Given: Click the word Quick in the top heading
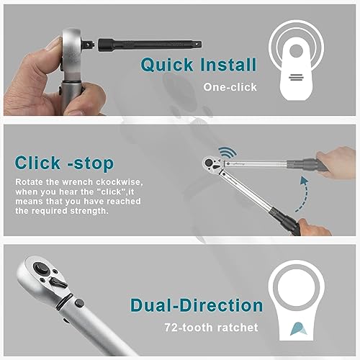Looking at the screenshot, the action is pyautogui.click(x=167, y=65).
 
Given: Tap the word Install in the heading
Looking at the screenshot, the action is pyautogui.click(x=228, y=64).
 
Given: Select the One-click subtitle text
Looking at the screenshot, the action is pyautogui.click(x=230, y=87).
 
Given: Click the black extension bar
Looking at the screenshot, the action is pyautogui.click(x=150, y=44).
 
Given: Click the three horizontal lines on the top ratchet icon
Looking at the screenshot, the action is pyautogui.click(x=296, y=78).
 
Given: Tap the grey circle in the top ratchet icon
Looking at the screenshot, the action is pyautogui.click(x=296, y=51).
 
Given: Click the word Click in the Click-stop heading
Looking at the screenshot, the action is pyautogui.click(x=37, y=163).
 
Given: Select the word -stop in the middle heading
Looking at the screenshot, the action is pyautogui.click(x=91, y=163).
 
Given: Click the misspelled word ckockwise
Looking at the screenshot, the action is pyautogui.click(x=120, y=182).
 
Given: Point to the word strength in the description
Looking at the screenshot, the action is pyautogui.click(x=89, y=211).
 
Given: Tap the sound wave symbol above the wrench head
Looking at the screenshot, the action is pyautogui.click(x=227, y=153).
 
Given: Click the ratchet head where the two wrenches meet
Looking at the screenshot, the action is pyautogui.click(x=213, y=165).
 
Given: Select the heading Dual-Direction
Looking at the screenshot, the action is pyautogui.click(x=197, y=305).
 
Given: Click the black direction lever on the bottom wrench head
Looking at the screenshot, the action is pyautogui.click(x=58, y=282).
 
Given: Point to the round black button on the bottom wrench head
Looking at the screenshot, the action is pyautogui.click(x=40, y=269).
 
